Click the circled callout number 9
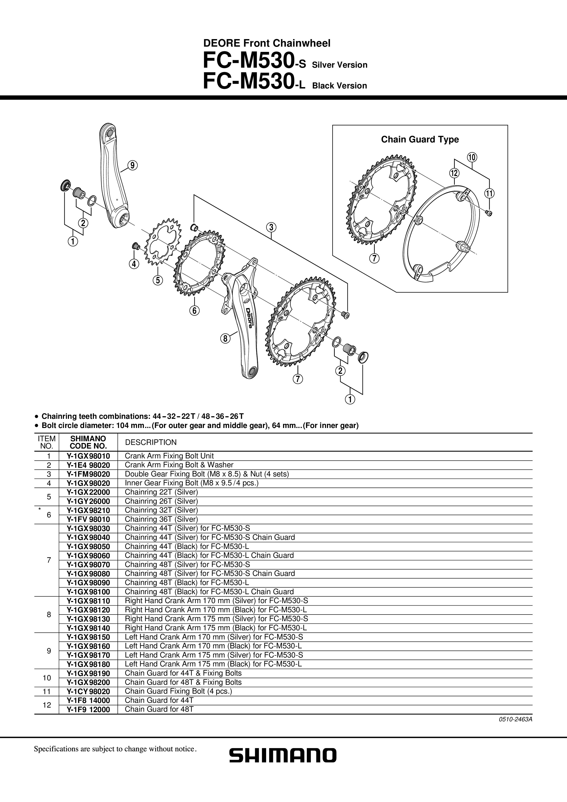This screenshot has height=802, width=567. click(132, 165)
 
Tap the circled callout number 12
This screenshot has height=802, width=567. click(454, 173)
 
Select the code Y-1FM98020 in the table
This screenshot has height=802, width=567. click(88, 474)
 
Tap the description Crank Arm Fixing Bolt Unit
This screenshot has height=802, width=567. click(169, 456)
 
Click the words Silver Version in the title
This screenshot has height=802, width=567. click(340, 65)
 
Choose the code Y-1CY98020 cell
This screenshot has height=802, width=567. click(88, 691)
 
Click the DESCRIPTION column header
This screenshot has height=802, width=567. click(151, 442)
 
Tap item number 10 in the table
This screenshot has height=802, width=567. click(47, 678)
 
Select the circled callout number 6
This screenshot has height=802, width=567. click(195, 310)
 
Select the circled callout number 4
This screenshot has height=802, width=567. click(134, 264)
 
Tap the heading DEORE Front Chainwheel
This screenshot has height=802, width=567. click(267, 43)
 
